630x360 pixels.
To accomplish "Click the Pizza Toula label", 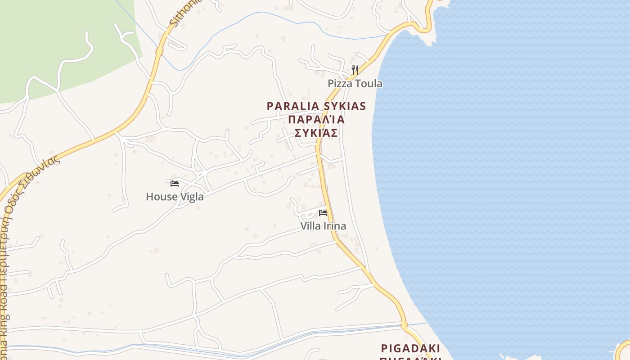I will click(x=355, y=83).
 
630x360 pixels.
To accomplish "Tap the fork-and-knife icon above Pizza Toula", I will click(x=355, y=70).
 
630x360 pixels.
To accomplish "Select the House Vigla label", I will click(x=175, y=197).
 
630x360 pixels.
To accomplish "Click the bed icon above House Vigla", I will click(x=175, y=184).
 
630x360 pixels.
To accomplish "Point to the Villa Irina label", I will click(x=323, y=225).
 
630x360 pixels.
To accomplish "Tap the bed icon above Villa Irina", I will click(x=323, y=213).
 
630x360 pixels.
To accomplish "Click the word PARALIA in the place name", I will click(x=292, y=106).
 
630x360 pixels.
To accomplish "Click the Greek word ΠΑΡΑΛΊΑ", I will click(x=316, y=119).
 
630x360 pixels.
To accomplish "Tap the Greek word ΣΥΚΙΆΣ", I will click(x=316, y=133).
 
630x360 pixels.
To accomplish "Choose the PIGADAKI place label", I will click(x=410, y=348).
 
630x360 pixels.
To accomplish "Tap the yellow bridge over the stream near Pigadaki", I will click(x=404, y=325).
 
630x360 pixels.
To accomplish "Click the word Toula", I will click(x=368, y=83).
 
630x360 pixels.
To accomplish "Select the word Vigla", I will click(x=191, y=197).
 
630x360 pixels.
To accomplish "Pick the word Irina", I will click(x=335, y=225).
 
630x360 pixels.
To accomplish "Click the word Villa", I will click(x=310, y=225).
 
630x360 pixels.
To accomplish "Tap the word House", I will click(x=160, y=197).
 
